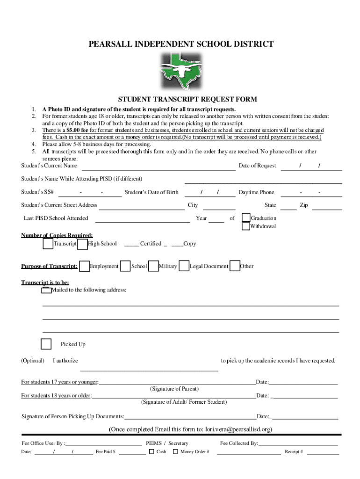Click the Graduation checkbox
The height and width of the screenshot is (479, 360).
(x=246, y=218)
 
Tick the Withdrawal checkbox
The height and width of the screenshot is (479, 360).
(x=246, y=226)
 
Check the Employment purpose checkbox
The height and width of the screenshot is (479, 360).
(x=84, y=266)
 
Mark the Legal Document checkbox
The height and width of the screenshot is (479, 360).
(x=184, y=266)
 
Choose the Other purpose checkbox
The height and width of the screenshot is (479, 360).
(x=235, y=266)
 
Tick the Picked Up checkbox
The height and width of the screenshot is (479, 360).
(x=46, y=344)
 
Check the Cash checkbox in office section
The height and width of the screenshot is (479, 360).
(x=151, y=452)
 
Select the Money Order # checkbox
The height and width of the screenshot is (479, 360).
(x=175, y=452)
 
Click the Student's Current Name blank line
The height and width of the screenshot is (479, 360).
(x=158, y=167)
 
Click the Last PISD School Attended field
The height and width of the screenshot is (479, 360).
(x=143, y=220)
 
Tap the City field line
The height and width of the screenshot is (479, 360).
(x=219, y=207)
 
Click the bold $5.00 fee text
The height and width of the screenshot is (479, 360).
(x=78, y=130)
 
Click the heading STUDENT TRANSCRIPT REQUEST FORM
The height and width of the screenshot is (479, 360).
(x=187, y=100)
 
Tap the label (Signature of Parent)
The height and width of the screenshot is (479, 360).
(x=174, y=389)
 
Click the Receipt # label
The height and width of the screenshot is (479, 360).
(x=294, y=452)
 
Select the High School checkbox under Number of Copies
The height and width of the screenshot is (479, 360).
(x=83, y=244)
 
